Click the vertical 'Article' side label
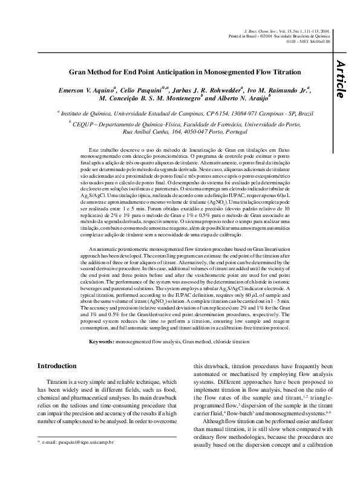click(x=340, y=79)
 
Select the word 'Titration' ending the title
click(x=286, y=72)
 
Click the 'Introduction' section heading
click(x=57, y=366)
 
